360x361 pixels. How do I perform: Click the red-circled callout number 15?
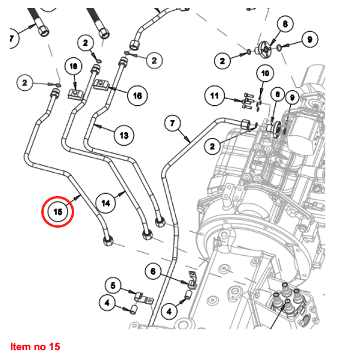click(58, 212)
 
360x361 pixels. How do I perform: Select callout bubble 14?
click(106, 203)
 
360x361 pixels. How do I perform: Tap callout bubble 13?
click(123, 136)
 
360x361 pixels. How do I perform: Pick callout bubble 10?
click(265, 74)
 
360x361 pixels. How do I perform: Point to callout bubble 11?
click(215, 94)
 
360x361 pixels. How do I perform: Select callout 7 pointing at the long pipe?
click(172, 124)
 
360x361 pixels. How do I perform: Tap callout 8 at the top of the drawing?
click(285, 24)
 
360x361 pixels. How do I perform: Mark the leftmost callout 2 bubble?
click(25, 83)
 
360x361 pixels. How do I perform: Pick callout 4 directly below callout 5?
click(107, 303)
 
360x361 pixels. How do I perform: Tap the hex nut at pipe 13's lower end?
click(160, 222)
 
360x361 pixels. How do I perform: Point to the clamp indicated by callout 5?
click(141, 296)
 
